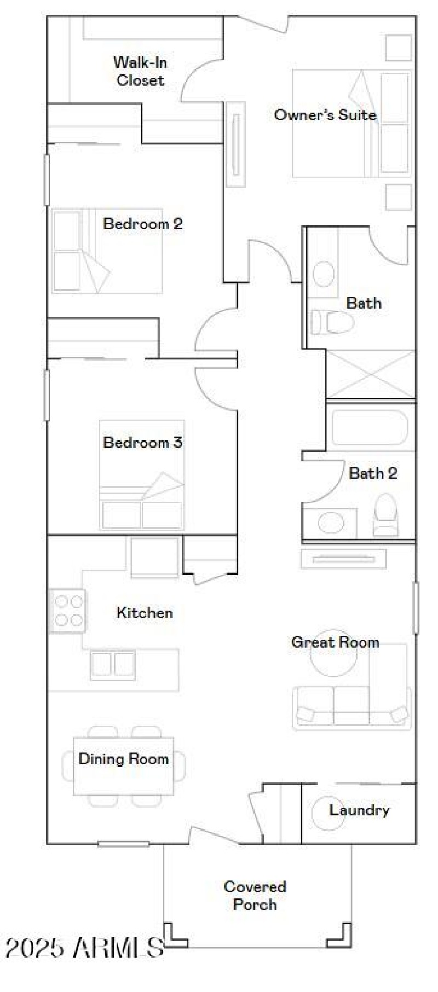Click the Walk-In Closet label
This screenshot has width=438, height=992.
[x=140, y=71]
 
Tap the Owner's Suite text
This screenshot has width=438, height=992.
[x=325, y=115]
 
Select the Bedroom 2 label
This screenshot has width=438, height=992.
[x=143, y=223]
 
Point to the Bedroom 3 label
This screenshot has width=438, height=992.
[x=143, y=442]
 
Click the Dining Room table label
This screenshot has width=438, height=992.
[x=124, y=759]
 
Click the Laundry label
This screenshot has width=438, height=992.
[x=359, y=810]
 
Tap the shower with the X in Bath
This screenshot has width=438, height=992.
[x=371, y=374]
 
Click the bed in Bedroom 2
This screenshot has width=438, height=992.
[x=107, y=251]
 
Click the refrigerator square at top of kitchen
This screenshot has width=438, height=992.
[x=154, y=557]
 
